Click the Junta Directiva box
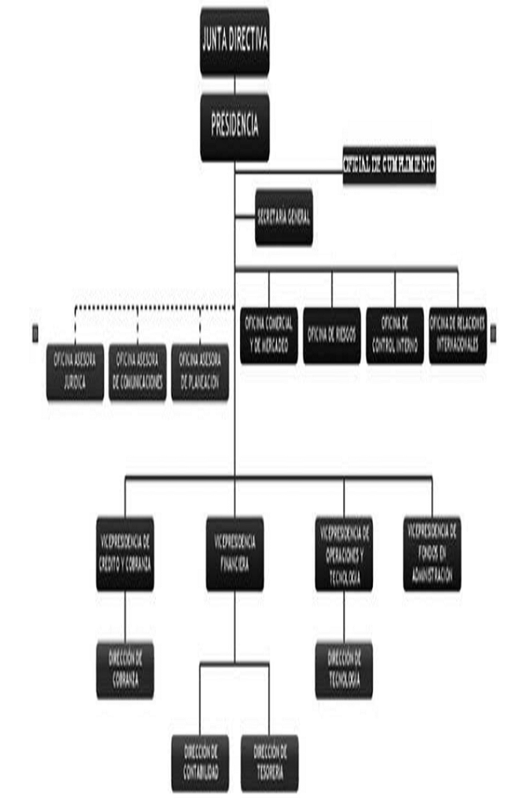pyautogui.click(x=234, y=42)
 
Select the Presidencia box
pyautogui.click(x=234, y=127)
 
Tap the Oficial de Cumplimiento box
pyautogui.click(x=389, y=164)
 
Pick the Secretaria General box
pyautogui.click(x=284, y=216)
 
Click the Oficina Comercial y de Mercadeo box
pyautogui.click(x=269, y=335)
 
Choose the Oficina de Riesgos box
pyautogui.click(x=331, y=335)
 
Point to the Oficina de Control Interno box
pyautogui.click(x=394, y=335)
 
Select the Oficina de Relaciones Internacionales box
pyautogui.click(x=457, y=335)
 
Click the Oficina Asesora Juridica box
pyautogui.click(x=75, y=371)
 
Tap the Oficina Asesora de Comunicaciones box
pyautogui.click(x=138, y=371)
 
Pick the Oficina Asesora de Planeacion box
pyautogui.click(x=200, y=371)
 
